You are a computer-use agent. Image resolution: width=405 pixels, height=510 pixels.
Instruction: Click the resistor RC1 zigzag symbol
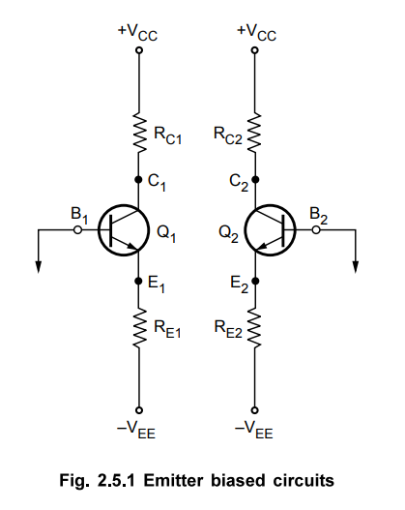[x=139, y=132]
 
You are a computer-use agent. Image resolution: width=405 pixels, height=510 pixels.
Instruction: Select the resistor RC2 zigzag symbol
[x=254, y=132]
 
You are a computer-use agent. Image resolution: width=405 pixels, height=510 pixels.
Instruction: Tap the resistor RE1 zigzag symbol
[x=139, y=328]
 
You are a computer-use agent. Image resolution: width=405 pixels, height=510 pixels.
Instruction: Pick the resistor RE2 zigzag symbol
[x=254, y=328]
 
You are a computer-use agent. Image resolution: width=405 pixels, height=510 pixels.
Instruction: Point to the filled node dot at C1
[x=138, y=179]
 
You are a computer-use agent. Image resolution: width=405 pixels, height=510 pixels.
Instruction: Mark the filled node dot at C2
[x=255, y=179]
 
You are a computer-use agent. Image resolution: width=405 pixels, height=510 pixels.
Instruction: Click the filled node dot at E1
[x=138, y=281]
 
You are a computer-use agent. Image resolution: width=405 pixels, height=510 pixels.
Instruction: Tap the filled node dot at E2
[x=255, y=281]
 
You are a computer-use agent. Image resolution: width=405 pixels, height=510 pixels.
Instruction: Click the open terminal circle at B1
[x=77, y=230]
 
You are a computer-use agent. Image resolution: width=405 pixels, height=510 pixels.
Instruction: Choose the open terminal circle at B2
[x=316, y=230]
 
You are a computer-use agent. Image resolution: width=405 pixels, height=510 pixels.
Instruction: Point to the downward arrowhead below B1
[x=39, y=267]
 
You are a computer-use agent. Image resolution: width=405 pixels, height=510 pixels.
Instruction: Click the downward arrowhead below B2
[x=356, y=267]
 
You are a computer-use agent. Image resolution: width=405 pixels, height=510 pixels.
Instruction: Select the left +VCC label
[x=137, y=33]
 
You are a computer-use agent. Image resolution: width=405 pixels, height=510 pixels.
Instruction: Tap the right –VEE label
[x=254, y=430]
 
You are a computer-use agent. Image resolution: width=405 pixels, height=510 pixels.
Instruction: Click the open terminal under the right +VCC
[x=255, y=50]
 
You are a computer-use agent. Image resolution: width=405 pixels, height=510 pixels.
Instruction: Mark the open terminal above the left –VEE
[x=139, y=410]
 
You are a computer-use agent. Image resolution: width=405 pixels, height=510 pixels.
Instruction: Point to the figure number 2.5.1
[x=116, y=480]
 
